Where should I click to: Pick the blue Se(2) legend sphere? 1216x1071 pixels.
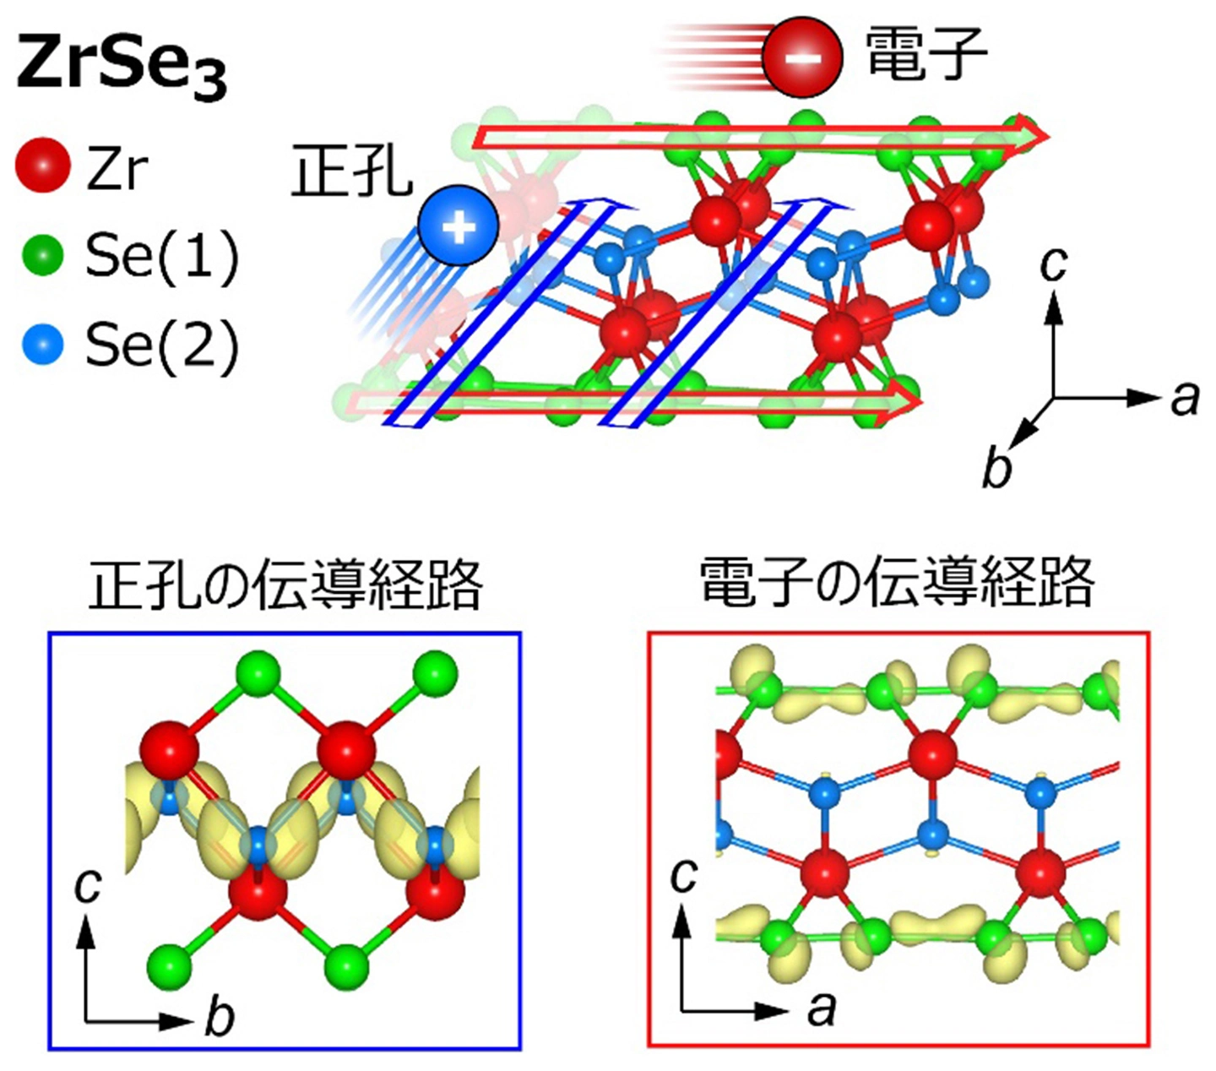(42, 344)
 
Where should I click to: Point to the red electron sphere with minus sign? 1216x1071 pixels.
(802, 58)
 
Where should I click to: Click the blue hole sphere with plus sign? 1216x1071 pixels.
(459, 226)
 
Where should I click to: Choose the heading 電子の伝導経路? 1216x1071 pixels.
(898, 582)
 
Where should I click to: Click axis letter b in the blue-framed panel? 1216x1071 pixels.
(220, 1014)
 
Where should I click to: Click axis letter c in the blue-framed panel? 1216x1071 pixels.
(88, 886)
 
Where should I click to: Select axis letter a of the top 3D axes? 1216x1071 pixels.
(1184, 399)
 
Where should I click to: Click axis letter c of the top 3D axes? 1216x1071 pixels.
(1053, 264)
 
